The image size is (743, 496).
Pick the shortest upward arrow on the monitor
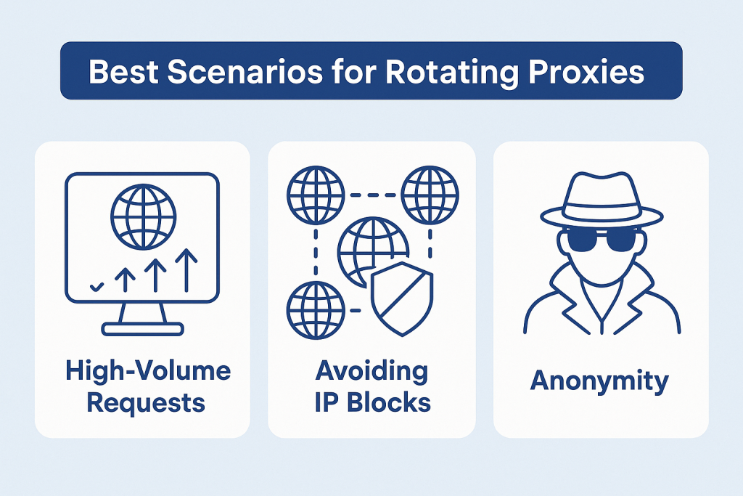point(124,279)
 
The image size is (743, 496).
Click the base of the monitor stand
point(142,329)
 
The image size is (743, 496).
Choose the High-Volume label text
point(148,371)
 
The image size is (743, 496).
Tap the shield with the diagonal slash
point(401,298)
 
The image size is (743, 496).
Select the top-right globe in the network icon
point(429,195)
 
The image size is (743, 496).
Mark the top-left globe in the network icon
point(315,195)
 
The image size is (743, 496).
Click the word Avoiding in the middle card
point(371,371)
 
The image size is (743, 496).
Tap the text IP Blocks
point(372,402)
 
